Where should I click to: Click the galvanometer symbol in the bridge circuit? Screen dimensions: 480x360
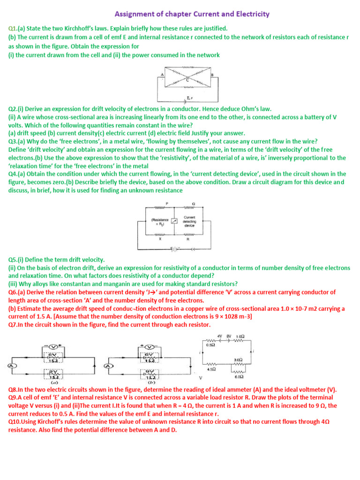[x=173, y=221]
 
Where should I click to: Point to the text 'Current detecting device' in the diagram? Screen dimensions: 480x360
[x=189, y=221]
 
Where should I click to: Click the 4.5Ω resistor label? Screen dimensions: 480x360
[x=212, y=369]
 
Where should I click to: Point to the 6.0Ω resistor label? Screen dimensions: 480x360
[x=239, y=376]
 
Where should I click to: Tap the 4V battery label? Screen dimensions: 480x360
[x=219, y=336]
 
